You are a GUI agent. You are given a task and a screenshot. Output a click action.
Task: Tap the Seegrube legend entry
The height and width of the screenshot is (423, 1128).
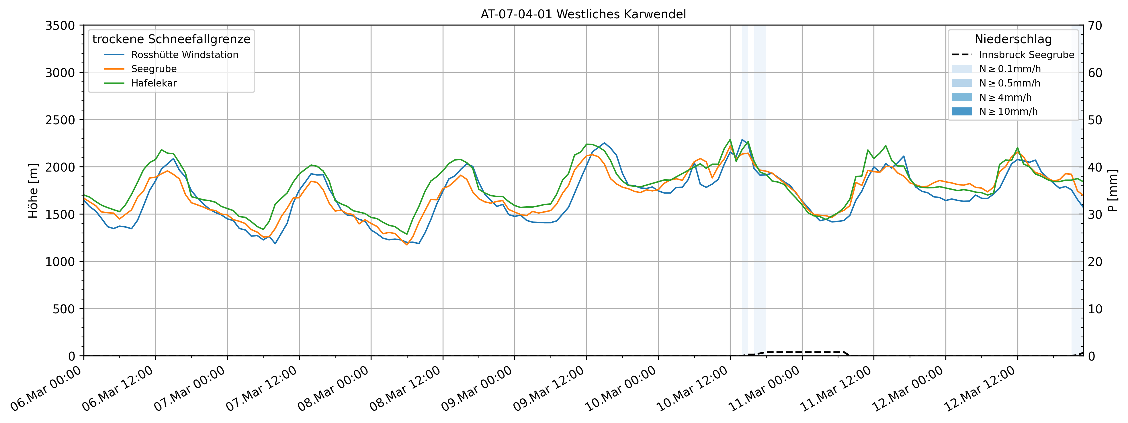pyautogui.click(x=154, y=69)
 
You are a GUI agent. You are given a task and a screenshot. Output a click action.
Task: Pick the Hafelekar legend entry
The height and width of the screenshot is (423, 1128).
pyautogui.click(x=154, y=83)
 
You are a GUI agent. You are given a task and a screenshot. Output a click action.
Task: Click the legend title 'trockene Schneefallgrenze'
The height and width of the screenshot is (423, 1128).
pyautogui.click(x=171, y=39)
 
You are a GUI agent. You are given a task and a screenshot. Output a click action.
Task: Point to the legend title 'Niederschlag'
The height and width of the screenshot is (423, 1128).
pyautogui.click(x=1013, y=39)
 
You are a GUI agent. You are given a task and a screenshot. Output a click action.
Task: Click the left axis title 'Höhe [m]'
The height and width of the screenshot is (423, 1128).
pyautogui.click(x=33, y=191)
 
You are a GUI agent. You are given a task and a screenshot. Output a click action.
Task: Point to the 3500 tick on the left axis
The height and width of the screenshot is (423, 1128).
pyautogui.click(x=60, y=26)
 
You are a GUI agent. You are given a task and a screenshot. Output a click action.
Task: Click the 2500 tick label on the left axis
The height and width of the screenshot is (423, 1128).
pyautogui.click(x=60, y=120)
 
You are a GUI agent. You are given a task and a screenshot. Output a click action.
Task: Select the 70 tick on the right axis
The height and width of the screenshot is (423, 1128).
pyautogui.click(x=1095, y=26)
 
